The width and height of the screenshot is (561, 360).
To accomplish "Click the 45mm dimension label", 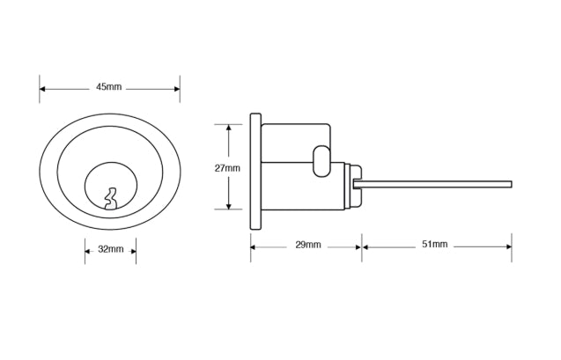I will coord(109,87).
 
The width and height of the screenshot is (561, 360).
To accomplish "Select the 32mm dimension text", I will coord(110,249).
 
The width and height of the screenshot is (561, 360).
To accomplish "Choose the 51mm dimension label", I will coord(434,244).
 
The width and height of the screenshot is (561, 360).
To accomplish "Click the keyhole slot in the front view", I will coord(110,198).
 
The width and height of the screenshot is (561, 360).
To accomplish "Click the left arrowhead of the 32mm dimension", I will coord(88,250).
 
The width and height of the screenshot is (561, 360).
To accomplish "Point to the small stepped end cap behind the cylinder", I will coord(355,184).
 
